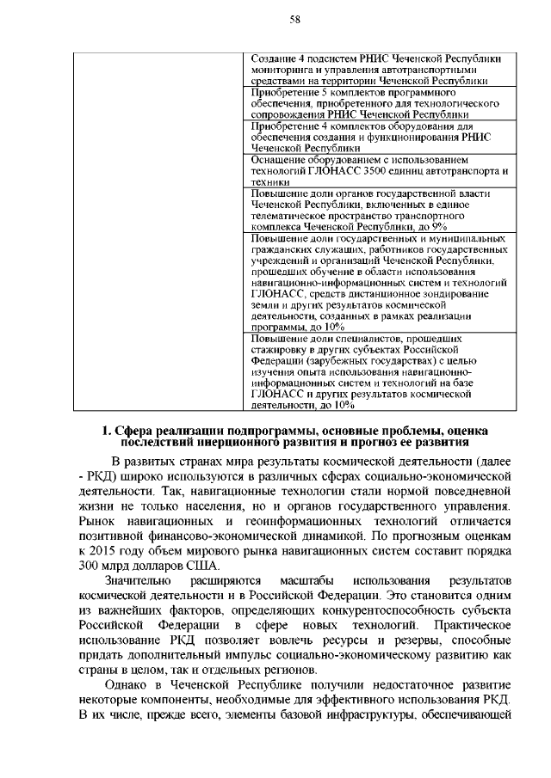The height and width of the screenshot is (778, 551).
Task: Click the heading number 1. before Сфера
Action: pyautogui.click(x=107, y=430)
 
